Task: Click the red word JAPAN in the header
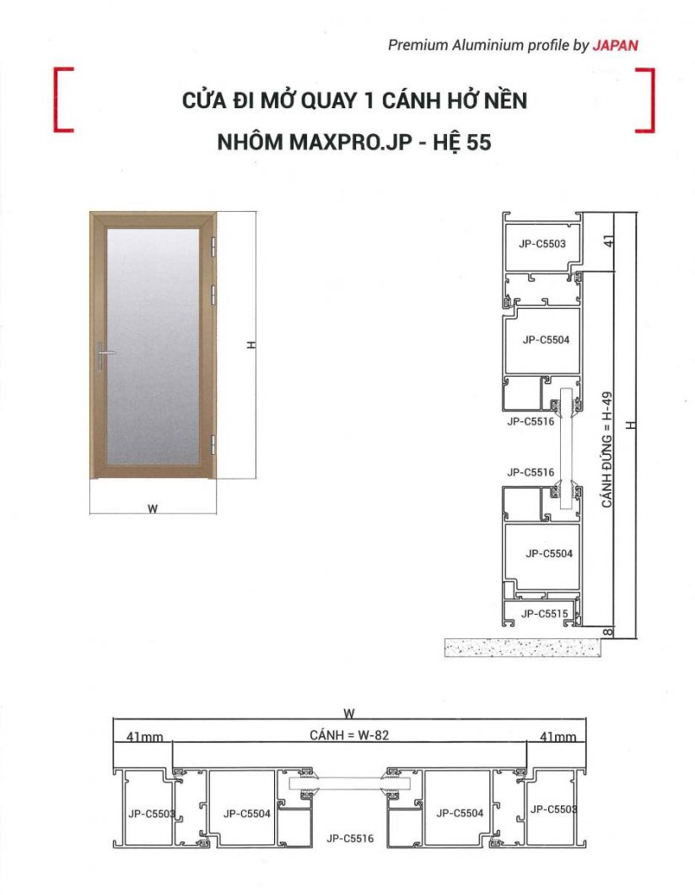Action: (x=615, y=46)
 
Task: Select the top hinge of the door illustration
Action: (x=212, y=245)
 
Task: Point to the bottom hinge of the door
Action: (x=212, y=443)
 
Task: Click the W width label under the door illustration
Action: (x=153, y=508)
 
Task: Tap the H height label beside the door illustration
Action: (x=251, y=344)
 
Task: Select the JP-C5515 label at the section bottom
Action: (x=545, y=614)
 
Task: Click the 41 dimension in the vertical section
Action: (x=609, y=241)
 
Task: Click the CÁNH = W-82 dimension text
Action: (x=349, y=735)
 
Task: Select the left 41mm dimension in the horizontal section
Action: (x=144, y=737)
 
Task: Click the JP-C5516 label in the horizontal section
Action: (x=350, y=838)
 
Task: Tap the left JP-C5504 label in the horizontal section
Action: (x=247, y=813)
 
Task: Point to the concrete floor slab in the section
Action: (x=523, y=647)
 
